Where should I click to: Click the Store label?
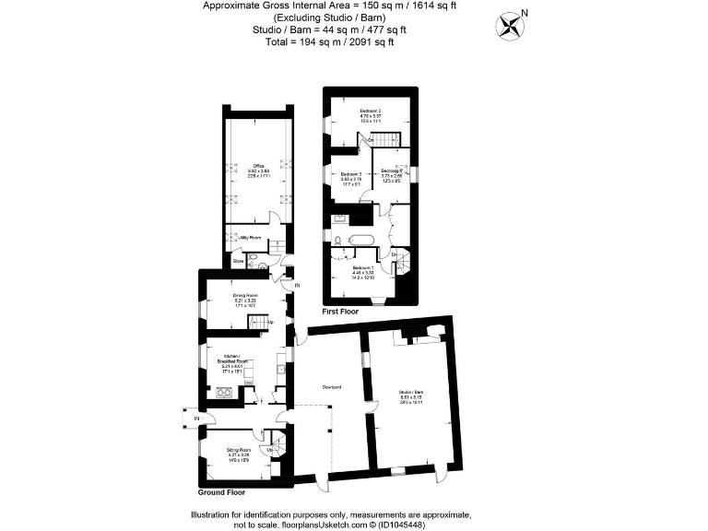click(237, 261)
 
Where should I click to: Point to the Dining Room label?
click(244, 297)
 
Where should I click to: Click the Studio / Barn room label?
click(411, 393)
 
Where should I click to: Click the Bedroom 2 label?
click(371, 112)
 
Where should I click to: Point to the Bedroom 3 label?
click(350, 175)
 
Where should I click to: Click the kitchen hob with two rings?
click(222, 392)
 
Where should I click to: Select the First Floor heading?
click(338, 313)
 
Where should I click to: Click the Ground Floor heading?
click(221, 493)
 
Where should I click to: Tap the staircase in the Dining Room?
click(262, 322)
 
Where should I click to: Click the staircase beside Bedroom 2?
click(387, 139)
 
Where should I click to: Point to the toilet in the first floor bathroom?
click(338, 239)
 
